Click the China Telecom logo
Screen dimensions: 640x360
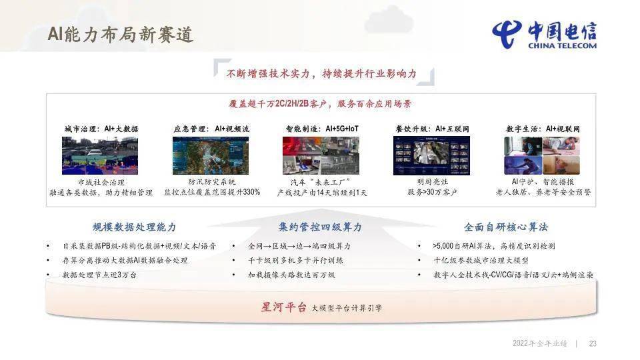click(545, 35)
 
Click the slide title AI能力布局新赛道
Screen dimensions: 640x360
click(121, 34)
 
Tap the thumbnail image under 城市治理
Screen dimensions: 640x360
click(100, 155)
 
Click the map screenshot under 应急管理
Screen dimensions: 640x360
click(211, 155)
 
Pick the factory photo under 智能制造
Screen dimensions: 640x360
click(321, 155)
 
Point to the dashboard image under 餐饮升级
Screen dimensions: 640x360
click(431, 155)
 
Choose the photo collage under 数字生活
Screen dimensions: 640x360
click(542, 155)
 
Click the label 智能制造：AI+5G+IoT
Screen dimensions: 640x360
click(322, 129)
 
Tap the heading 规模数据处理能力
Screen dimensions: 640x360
click(134, 227)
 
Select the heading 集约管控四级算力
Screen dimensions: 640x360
click(321, 227)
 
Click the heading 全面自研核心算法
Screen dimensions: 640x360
click(506, 227)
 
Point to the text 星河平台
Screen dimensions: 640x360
click(284, 307)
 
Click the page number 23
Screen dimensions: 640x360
click(593, 344)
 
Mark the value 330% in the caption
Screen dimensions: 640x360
click(251, 192)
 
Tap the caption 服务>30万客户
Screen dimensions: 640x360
click(432, 192)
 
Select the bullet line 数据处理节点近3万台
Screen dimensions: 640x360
click(99, 275)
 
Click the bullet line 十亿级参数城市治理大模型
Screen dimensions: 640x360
click(481, 261)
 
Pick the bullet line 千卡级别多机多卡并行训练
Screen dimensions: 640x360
click(295, 261)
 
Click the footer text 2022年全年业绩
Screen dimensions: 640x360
click(539, 344)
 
